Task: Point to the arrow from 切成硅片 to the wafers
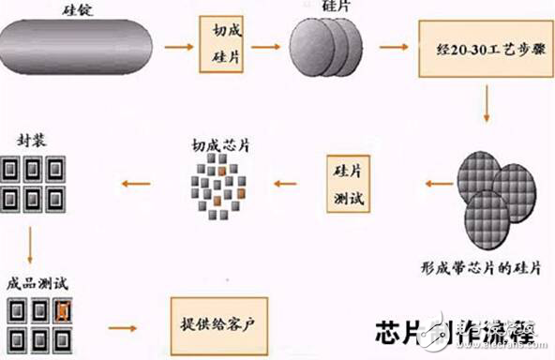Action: pyautogui.click(x=271, y=45)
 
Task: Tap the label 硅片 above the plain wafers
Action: pyautogui.click(x=332, y=8)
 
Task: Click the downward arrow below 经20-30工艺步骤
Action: pyautogui.click(x=486, y=105)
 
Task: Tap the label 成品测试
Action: pyautogui.click(x=36, y=280)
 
